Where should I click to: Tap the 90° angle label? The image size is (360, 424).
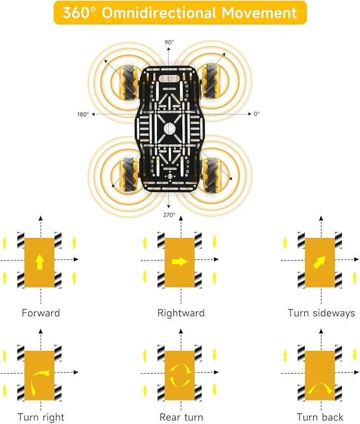pyautogui.click(x=169, y=42)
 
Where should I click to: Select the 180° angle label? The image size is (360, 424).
pyautogui.click(x=83, y=115)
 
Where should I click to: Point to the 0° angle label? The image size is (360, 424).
pyautogui.click(x=257, y=114)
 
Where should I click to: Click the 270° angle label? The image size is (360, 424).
pyautogui.click(x=169, y=215)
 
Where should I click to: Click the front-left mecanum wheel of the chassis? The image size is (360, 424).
pyautogui.click(x=129, y=81)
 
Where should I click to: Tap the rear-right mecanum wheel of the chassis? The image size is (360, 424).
pyautogui.click(x=211, y=176)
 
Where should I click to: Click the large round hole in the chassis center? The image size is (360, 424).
pyautogui.click(x=169, y=129)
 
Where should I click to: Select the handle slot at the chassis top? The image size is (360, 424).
pyautogui.click(x=169, y=79)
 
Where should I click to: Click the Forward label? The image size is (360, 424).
pyautogui.click(x=40, y=313)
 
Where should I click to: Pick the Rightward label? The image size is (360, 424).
pyautogui.click(x=181, y=313)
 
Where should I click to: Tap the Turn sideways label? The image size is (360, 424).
pyautogui.click(x=321, y=313)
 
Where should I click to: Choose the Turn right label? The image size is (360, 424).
pyautogui.click(x=41, y=417)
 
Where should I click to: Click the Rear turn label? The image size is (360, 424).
pyautogui.click(x=181, y=417)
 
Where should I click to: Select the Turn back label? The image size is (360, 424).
pyautogui.click(x=320, y=417)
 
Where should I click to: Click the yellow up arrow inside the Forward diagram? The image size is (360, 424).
pyautogui.click(x=40, y=262)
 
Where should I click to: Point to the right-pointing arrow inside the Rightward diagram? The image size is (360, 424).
pyautogui.click(x=180, y=262)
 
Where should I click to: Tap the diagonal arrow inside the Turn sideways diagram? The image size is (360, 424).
pyautogui.click(x=319, y=262)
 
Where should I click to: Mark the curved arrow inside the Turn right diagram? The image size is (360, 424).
pyautogui.click(x=33, y=381)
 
